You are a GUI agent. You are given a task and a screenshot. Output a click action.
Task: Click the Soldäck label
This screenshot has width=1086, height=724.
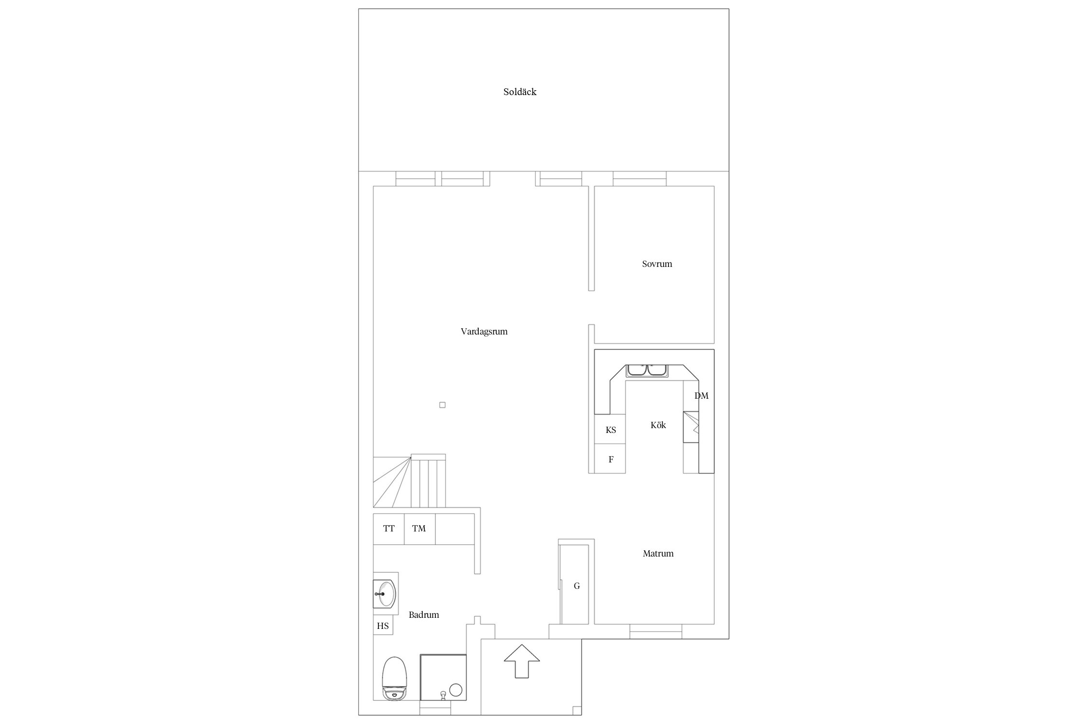point(520,92)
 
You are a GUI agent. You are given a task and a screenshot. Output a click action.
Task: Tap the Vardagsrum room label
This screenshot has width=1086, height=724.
point(484,332)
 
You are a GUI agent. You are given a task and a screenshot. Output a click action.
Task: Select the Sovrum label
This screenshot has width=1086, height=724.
point(657,264)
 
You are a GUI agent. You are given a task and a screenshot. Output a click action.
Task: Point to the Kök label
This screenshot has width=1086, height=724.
point(658,425)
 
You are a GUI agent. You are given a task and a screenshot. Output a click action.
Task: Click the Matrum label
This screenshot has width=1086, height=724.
point(658,554)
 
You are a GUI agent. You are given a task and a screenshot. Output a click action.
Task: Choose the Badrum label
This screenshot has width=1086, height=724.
point(424,615)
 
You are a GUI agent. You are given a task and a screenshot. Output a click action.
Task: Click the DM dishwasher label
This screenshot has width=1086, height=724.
point(701,396)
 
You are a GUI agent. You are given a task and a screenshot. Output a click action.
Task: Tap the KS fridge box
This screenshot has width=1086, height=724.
point(610,430)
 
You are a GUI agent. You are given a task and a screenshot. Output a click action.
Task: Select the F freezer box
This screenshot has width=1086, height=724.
point(610,459)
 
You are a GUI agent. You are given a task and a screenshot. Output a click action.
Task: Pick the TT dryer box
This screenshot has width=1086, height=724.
point(389,529)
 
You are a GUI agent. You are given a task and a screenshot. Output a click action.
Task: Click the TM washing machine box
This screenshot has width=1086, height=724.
point(419,529)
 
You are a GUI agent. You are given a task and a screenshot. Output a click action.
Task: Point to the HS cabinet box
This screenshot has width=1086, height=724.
point(383,626)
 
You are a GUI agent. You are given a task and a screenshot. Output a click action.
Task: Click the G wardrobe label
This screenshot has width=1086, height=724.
point(577,586)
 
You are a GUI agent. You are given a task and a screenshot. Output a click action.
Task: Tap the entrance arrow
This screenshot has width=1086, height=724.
point(521,661)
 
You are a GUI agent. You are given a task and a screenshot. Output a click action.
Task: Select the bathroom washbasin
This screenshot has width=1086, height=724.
point(385,594)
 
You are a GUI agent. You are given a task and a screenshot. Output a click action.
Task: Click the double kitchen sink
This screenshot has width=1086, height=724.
point(647,371)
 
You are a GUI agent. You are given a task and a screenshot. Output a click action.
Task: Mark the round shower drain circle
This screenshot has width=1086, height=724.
point(456,690)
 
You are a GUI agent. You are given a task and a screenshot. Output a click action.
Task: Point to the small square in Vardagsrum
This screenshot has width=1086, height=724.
point(442,405)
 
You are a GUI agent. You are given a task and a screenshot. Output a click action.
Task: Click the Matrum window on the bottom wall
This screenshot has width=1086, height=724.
point(655,631)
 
